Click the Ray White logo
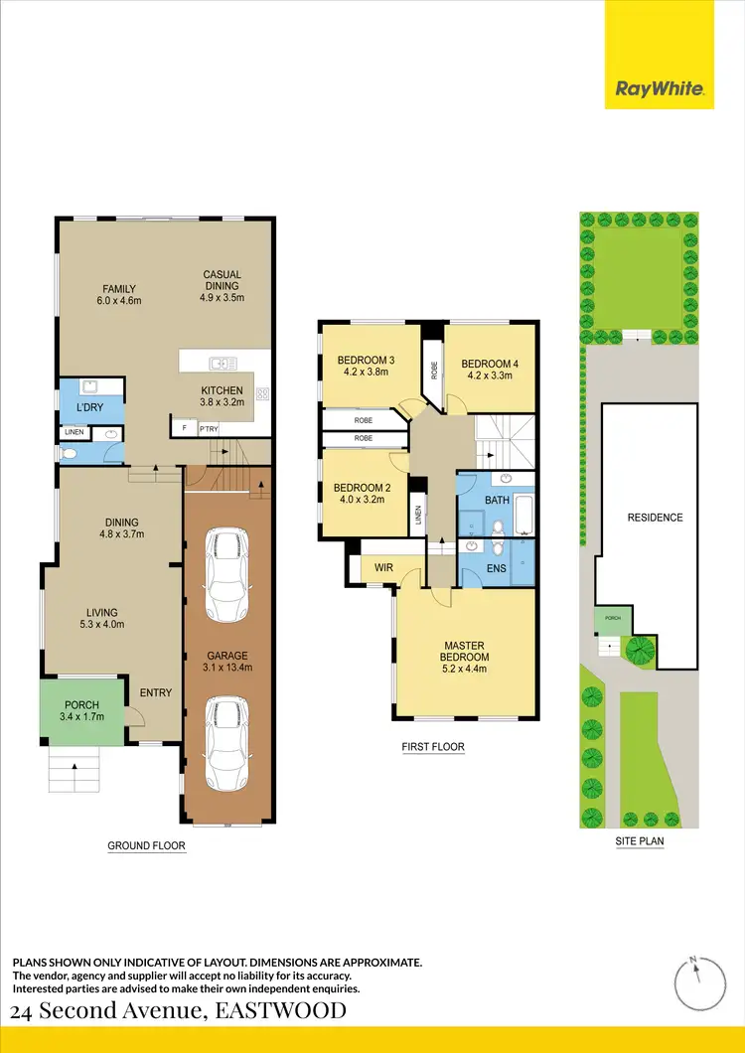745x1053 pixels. pos(661,89)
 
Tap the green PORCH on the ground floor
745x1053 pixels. pos(81,710)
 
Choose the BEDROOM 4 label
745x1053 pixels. pos(491,370)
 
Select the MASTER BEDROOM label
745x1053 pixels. pos(465,651)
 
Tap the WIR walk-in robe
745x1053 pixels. pos(383,567)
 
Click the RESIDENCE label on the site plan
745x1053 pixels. pos(655,518)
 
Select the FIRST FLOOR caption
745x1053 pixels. pos(434,747)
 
